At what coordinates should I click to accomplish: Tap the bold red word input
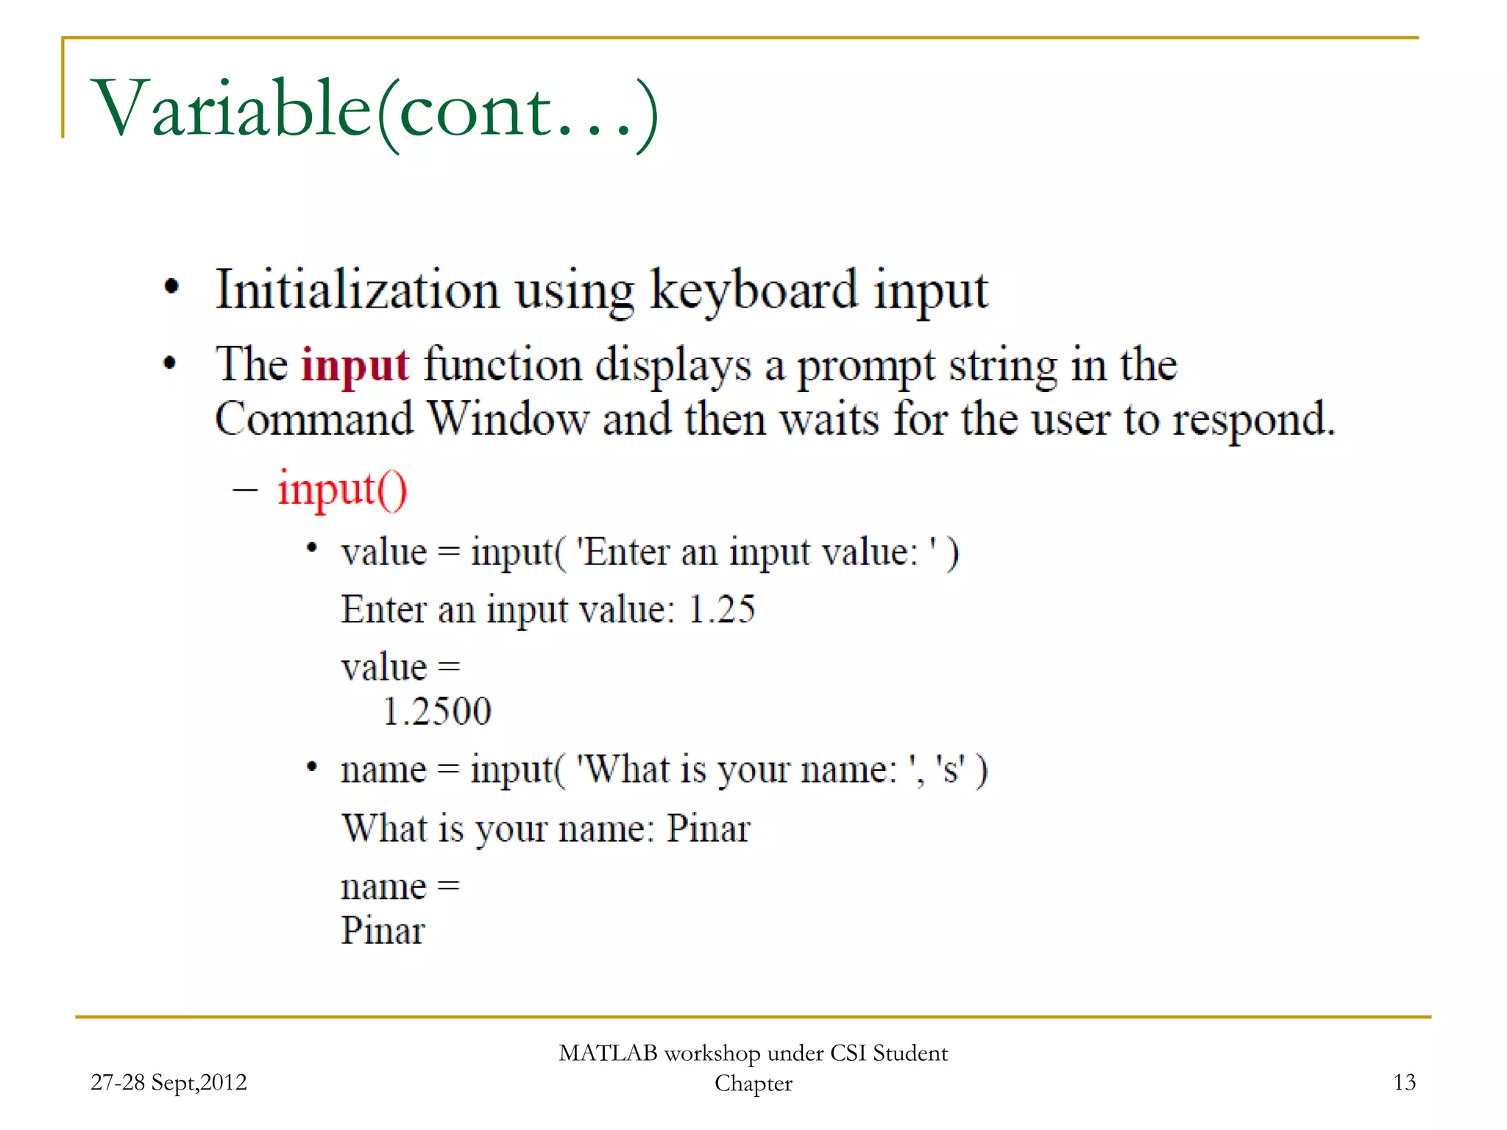coord(354,366)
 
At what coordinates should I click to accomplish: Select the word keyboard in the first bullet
coord(753,291)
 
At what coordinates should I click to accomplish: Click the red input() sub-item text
coord(341,490)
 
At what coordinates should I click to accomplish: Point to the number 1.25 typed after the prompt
coord(721,610)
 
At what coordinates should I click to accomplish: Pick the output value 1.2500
coord(437,711)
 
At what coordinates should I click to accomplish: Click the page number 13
coord(1404,1082)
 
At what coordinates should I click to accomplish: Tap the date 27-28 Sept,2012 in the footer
coord(169,1082)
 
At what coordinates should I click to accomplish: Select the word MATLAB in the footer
coord(608,1053)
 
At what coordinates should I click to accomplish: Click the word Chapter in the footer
coord(753,1084)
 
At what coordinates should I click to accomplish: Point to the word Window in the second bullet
coord(508,419)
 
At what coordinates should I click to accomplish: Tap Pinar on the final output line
coord(383,931)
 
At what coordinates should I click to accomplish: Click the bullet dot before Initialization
coord(171,288)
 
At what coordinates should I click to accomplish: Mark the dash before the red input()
coord(245,490)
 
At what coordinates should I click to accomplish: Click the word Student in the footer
coord(910,1053)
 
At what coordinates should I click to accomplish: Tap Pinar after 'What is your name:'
coord(708,829)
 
